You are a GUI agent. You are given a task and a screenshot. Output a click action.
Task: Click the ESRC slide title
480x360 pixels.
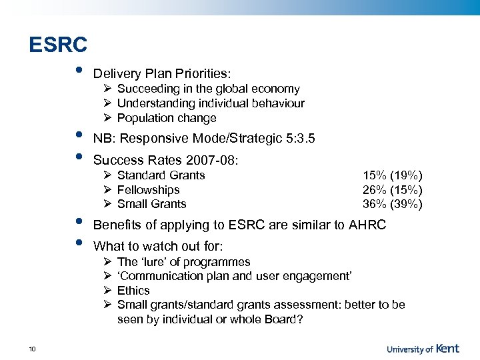tap(58, 45)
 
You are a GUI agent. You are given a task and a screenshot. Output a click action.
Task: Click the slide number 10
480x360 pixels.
tap(33, 350)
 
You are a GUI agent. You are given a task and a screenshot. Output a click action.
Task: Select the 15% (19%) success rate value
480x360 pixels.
tap(392, 175)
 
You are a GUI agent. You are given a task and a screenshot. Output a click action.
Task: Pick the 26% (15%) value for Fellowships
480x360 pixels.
tap(392, 190)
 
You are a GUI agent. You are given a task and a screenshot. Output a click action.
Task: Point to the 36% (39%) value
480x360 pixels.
tap(392, 204)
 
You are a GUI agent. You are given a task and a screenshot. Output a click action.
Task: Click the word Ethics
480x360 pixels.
tap(133, 291)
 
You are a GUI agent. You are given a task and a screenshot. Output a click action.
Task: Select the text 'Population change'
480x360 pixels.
tap(167, 118)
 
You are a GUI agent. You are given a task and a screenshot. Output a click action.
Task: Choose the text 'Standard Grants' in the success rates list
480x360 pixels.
tap(161, 175)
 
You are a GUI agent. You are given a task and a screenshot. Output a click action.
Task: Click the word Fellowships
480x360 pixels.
tap(148, 190)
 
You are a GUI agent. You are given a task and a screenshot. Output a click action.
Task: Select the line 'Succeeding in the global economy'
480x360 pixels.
tap(208, 89)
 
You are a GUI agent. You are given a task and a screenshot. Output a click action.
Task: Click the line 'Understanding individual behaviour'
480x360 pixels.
tap(211, 103)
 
